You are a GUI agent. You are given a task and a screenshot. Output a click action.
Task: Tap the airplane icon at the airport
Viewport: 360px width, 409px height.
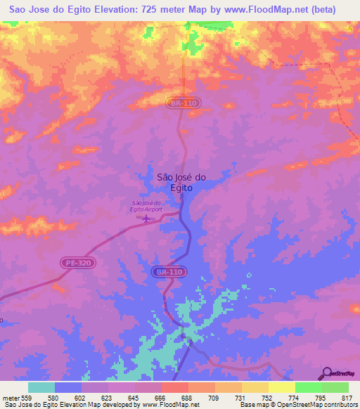pyautogui.click(x=146, y=219)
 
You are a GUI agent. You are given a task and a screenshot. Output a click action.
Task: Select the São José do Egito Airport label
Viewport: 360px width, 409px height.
pyautogui.click(x=146, y=206)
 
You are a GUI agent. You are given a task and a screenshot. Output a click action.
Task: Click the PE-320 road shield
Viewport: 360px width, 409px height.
pyautogui.click(x=77, y=262)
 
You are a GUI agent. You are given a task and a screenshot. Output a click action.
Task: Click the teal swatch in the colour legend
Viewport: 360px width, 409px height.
pyautogui.click(x=41, y=387)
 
